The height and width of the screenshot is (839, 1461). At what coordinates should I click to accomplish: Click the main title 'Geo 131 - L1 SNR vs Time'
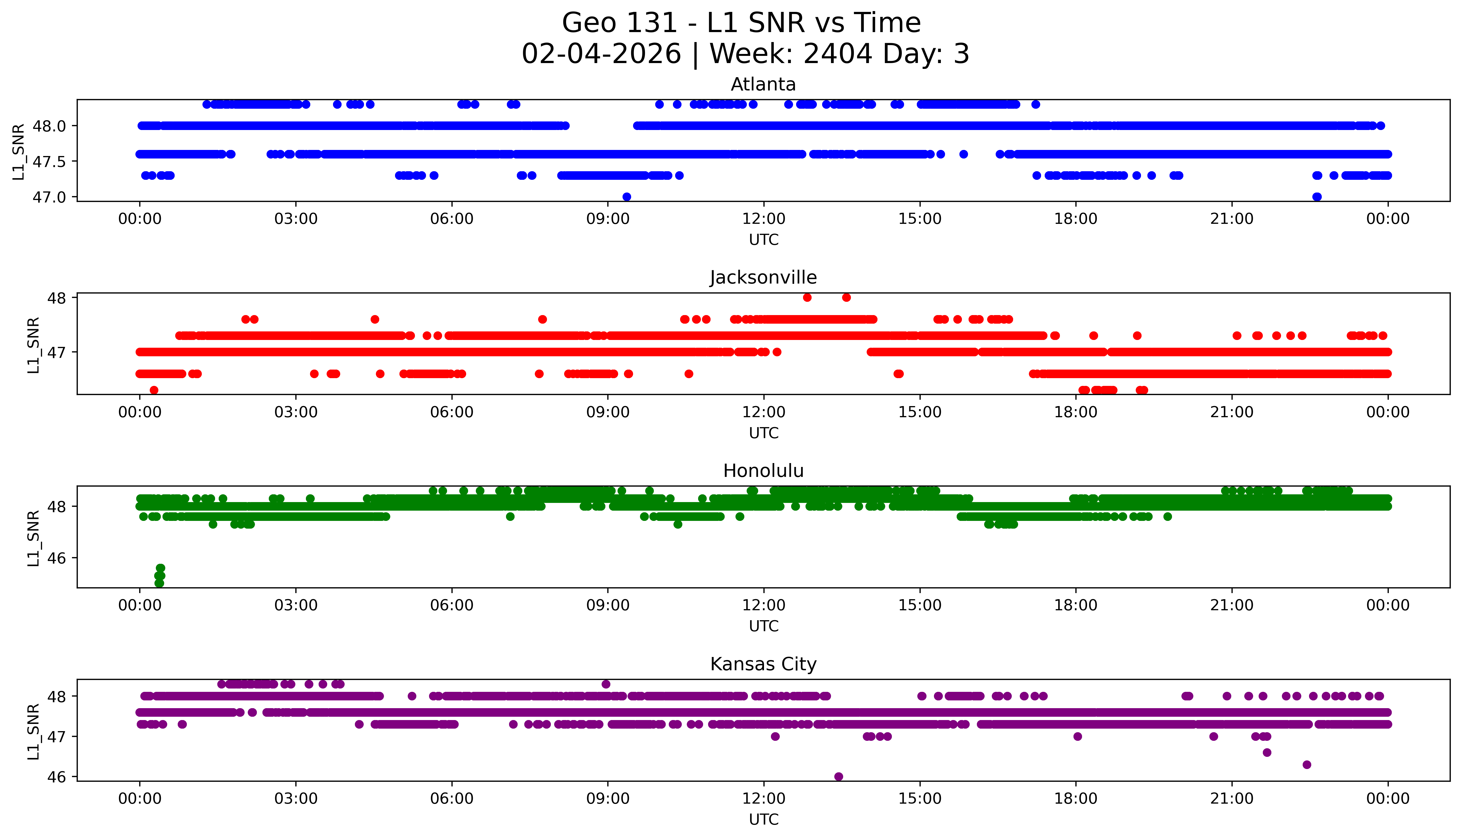741,23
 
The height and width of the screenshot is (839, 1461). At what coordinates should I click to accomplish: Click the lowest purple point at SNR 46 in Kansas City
838,776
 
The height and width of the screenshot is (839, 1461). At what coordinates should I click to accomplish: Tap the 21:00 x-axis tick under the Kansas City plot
1232,799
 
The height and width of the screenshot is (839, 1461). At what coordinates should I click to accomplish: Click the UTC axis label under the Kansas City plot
763,819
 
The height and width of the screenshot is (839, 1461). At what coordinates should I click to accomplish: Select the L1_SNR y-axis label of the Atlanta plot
19,151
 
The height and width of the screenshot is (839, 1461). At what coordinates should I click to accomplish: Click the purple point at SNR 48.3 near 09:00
605,684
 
